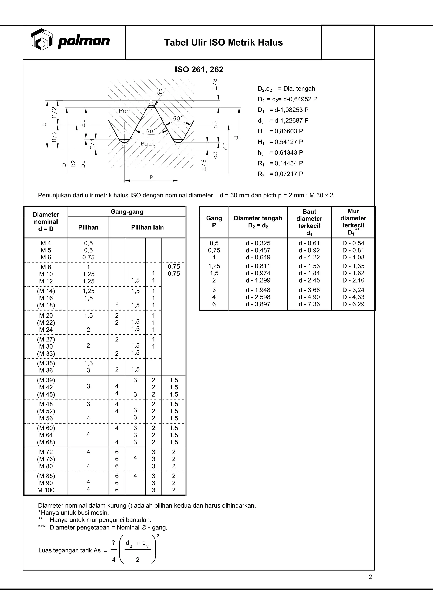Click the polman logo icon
pyautogui.click(x=41, y=39)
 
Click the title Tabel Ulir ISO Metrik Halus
pyautogui.click(x=223, y=42)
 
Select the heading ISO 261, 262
pyautogui.click(x=199, y=69)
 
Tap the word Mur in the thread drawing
pyautogui.click(x=125, y=111)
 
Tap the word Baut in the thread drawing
pyautogui.click(x=148, y=144)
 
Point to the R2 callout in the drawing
pyautogui.click(x=160, y=92)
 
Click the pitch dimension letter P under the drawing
pyautogui.click(x=151, y=177)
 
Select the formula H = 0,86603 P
pyautogui.click(x=280, y=131)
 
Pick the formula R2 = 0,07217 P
pyautogui.click(x=280, y=174)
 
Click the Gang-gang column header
pyautogui.click(x=127, y=212)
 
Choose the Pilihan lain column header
pyautogui.click(x=147, y=227)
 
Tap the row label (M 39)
pyautogui.click(x=46, y=380)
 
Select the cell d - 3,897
pyautogui.click(x=258, y=304)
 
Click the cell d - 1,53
pyautogui.click(x=309, y=266)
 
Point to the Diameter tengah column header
pyautogui.click(x=258, y=222)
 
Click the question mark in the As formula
pyautogui.click(x=114, y=543)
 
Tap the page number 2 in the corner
pyautogui.click(x=370, y=577)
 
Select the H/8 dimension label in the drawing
pyautogui.click(x=215, y=84)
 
